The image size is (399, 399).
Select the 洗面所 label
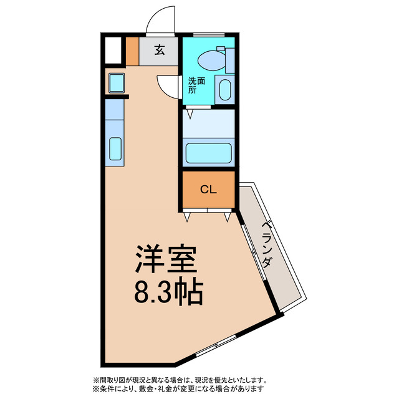194,85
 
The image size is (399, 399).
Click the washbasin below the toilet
225,89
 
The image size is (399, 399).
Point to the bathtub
208,153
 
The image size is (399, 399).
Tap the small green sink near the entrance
116,83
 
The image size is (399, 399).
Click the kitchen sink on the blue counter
115,148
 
